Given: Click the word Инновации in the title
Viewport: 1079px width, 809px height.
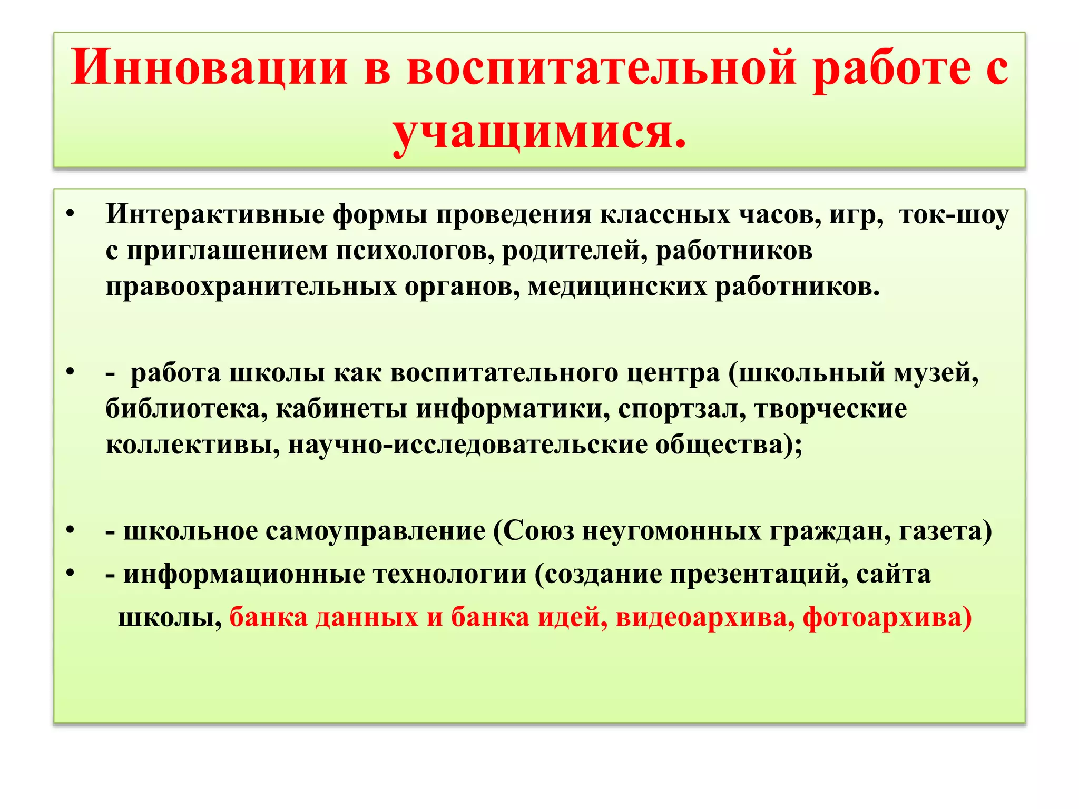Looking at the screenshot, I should click(209, 68).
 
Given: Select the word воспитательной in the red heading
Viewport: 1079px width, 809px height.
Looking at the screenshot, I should click(601, 68).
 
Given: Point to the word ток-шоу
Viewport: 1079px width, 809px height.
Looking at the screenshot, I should click(954, 214).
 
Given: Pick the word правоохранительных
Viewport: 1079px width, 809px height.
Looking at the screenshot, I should click(251, 287).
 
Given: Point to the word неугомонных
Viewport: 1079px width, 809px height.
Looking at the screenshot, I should click(671, 531).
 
